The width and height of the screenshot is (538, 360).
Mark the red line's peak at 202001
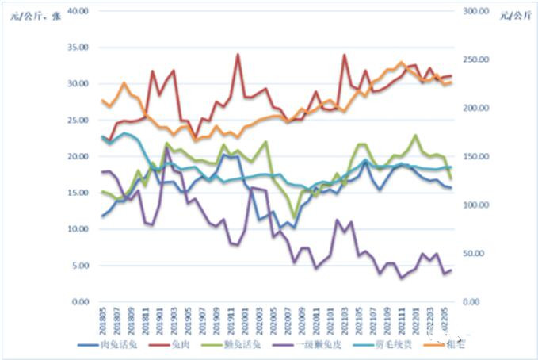point(238,55)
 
